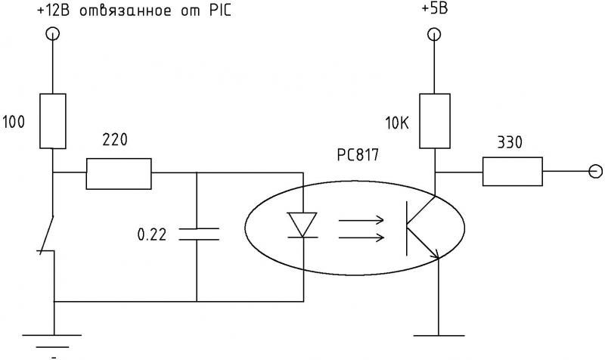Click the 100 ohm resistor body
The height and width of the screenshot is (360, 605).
pos(53,121)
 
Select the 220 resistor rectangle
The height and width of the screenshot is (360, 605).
pos(119,174)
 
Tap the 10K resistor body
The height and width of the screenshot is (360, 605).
pos(434,121)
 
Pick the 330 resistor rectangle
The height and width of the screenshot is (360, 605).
pos(513,172)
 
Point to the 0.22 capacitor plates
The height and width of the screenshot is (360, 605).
pos(199,234)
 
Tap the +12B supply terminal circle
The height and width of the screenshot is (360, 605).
pos(52,34)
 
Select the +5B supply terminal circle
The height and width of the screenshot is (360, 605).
pos(434,35)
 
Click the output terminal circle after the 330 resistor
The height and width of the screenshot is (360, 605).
pos(596,171)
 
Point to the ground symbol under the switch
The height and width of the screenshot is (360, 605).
pos(52,342)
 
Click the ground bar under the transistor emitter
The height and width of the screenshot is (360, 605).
pos(439,336)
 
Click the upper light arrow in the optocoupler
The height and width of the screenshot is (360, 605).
pos(361,220)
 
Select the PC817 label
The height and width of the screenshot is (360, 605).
pos(358,155)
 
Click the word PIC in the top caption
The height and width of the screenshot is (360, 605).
pos(220,11)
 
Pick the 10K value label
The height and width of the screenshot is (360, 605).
pos(397,123)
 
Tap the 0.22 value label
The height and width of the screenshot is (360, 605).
pos(152,234)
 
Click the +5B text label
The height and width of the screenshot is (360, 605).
pos(434,8)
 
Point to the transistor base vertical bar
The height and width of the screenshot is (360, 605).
pos(406,228)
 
